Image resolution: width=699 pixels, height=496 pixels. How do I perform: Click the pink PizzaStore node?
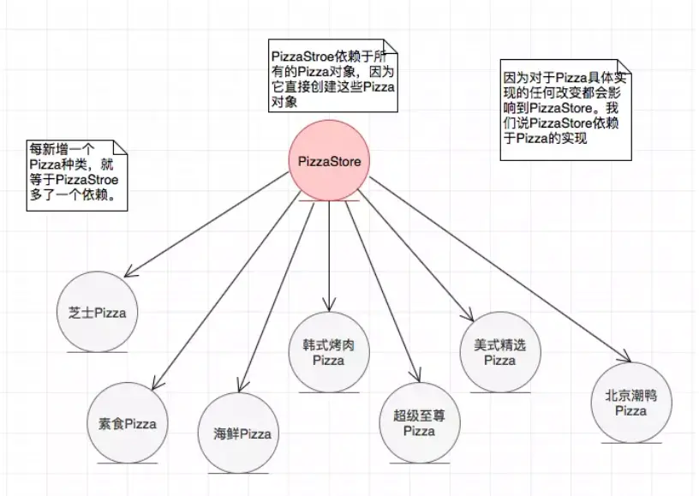coord(328,160)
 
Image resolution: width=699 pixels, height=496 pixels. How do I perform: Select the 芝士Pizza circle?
coord(97,312)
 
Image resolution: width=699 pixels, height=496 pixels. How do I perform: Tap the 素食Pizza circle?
coord(128,422)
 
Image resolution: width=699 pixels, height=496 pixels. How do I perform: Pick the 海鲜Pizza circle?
coord(241,433)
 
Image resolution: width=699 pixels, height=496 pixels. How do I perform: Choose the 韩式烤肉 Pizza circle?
coord(329,352)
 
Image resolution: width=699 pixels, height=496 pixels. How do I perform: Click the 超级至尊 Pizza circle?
coord(420,422)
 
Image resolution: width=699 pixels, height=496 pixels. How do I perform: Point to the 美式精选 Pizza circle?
coord(500,352)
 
